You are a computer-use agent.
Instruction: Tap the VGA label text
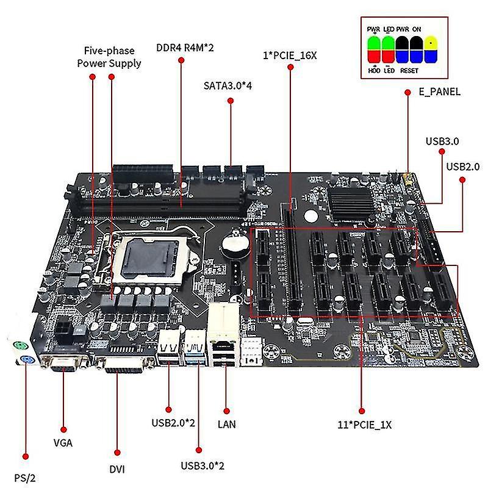(x=63, y=443)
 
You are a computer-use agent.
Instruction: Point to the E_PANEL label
(x=439, y=92)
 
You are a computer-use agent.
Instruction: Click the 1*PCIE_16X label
(x=289, y=56)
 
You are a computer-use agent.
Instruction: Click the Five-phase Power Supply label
(x=109, y=57)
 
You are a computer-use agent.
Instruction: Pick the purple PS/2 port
(x=21, y=360)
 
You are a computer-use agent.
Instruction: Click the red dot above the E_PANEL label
(x=407, y=92)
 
